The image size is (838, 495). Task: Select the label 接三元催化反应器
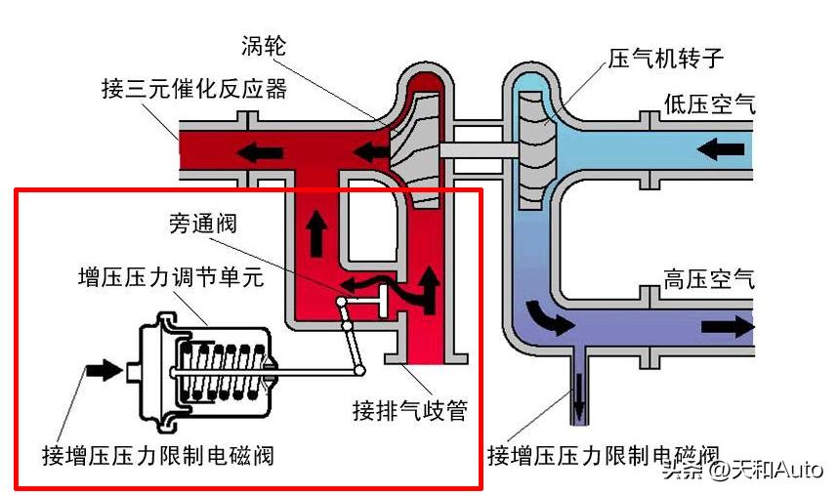click(194, 89)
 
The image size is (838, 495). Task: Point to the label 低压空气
click(710, 103)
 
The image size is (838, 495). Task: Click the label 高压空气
click(710, 279)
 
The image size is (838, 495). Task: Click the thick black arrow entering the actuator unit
click(100, 371)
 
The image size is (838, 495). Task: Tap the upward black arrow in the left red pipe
click(316, 230)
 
